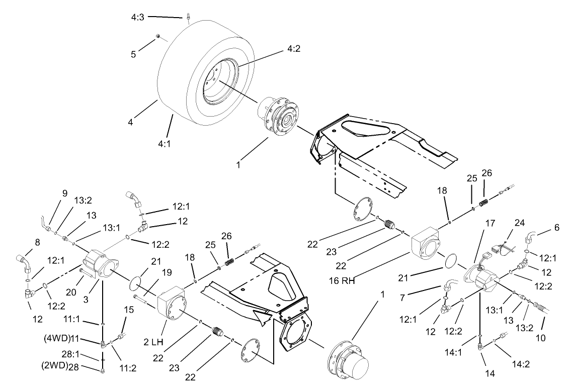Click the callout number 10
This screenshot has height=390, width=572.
[x=540, y=338]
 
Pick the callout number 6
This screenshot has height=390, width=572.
[x=556, y=227]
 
